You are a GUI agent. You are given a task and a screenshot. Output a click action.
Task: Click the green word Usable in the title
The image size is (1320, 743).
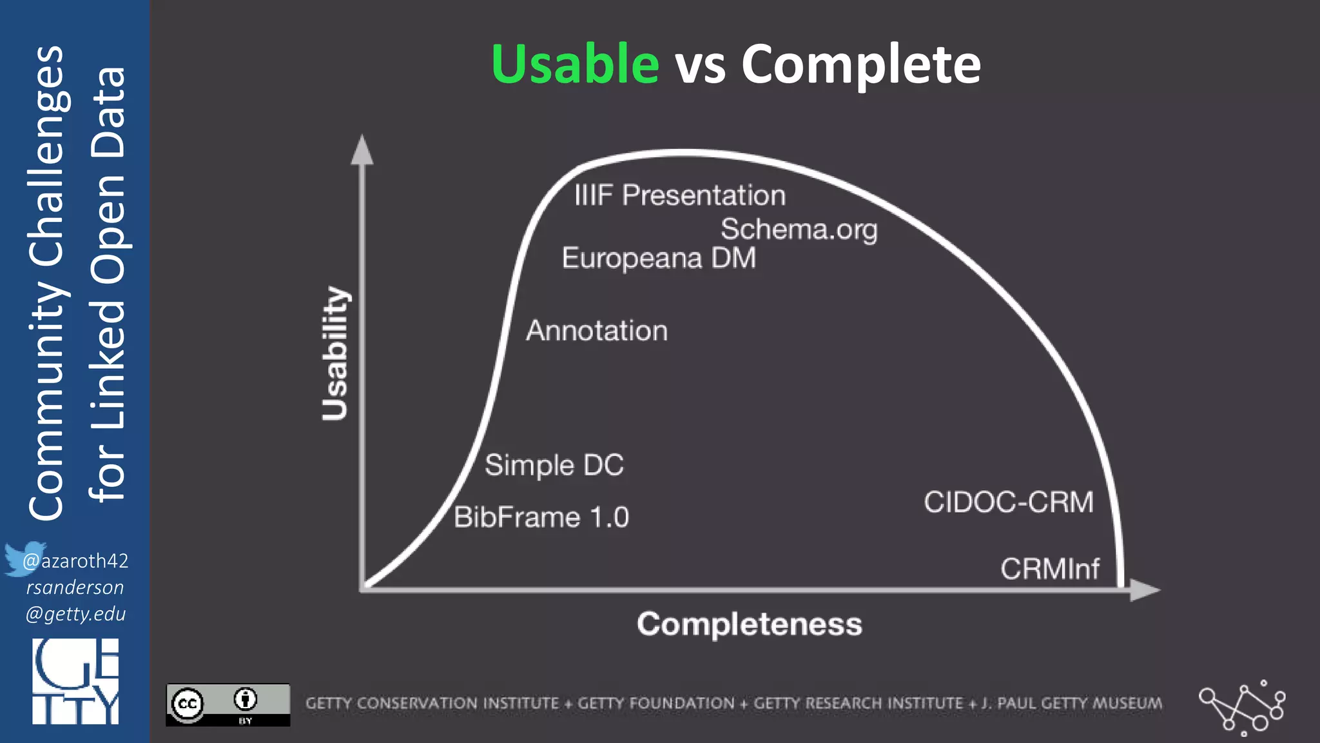575,64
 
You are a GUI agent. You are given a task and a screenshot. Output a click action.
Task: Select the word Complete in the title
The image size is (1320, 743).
860,64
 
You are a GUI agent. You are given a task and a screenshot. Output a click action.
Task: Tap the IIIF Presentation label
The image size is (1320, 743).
680,195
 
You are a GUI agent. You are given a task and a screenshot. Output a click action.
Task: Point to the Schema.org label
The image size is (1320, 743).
799,230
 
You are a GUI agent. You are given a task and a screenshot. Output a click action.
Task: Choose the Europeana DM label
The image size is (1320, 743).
659,258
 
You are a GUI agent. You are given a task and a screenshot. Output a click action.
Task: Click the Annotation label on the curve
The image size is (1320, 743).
597,331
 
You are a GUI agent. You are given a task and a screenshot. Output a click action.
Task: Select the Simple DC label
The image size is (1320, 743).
554,465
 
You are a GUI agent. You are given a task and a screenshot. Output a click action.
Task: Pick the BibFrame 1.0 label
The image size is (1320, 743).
541,517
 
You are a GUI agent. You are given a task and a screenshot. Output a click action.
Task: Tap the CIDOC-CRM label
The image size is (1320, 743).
1009,502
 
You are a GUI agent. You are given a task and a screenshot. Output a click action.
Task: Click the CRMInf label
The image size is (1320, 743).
1050,569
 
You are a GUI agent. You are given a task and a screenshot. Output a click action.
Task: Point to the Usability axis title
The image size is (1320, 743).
335,353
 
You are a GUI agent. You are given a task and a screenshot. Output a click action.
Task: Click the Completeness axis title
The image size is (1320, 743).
749,624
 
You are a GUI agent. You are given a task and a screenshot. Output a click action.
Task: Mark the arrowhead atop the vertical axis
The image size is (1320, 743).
362,150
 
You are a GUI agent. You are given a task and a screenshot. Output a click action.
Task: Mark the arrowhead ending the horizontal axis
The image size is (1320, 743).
1145,590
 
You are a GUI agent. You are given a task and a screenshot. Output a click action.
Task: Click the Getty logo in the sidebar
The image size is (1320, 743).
75,682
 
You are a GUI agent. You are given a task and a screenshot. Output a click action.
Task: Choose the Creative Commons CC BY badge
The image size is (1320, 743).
228,704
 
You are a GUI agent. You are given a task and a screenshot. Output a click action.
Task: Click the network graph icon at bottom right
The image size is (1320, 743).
1242,708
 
